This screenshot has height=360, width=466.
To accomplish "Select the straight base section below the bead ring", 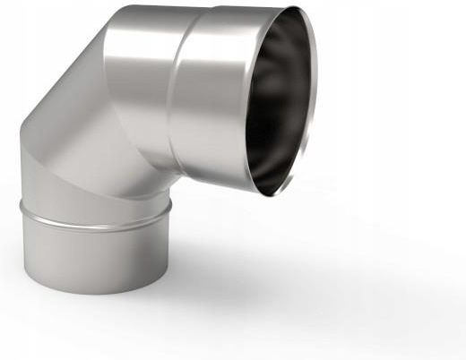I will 94,255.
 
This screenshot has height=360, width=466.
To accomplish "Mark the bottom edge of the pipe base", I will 94,293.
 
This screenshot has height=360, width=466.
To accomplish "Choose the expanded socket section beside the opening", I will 211,99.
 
